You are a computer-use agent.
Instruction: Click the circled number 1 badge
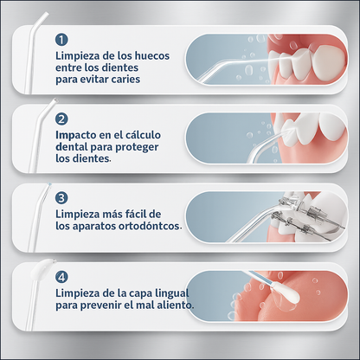click(x=61, y=40)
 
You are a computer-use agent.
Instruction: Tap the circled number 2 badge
click(x=61, y=119)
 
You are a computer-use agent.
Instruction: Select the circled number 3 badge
click(x=61, y=198)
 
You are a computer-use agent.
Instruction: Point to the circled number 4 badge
click(x=61, y=277)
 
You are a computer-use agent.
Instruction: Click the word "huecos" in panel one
click(x=152, y=55)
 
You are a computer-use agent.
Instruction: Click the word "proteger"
click(x=137, y=147)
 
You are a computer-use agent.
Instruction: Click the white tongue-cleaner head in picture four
click(x=288, y=294)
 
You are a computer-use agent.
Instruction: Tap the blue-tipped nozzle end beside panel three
click(x=48, y=184)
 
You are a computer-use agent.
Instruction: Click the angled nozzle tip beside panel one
click(x=45, y=15)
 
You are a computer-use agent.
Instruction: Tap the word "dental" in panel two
click(x=72, y=147)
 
